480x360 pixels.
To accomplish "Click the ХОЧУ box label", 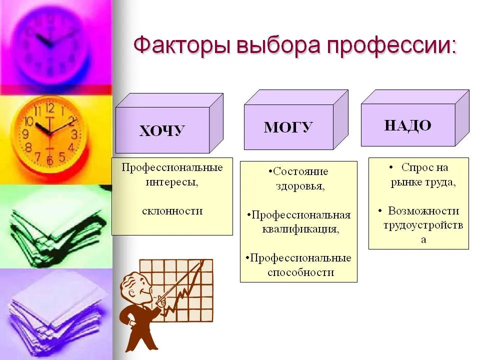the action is tap(162, 130).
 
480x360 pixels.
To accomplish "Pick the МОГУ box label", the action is tap(288, 127).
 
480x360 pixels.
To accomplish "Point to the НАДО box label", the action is tap(408, 125).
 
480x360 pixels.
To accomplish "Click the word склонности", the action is tap(172, 211).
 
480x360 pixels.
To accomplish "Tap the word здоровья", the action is tap(300, 186).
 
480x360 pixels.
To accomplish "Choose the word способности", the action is tap(300, 272).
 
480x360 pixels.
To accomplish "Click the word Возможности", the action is tap(423, 210).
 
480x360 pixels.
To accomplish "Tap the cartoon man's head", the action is tap(136, 285).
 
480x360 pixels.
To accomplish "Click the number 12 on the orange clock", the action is tap(50, 108).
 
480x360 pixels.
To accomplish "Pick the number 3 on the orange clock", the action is tap(74, 134).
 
